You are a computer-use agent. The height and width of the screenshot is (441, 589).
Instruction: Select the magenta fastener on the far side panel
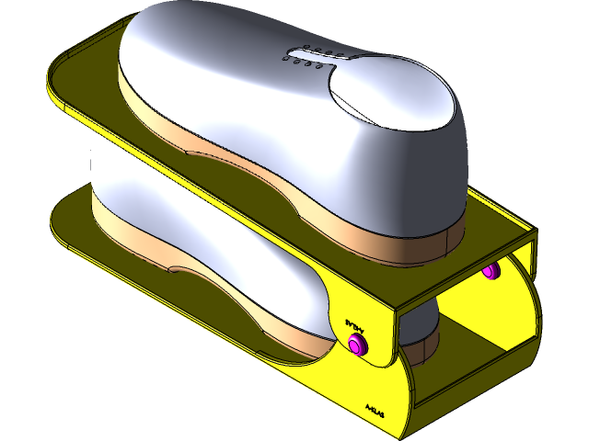coord(491,270)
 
